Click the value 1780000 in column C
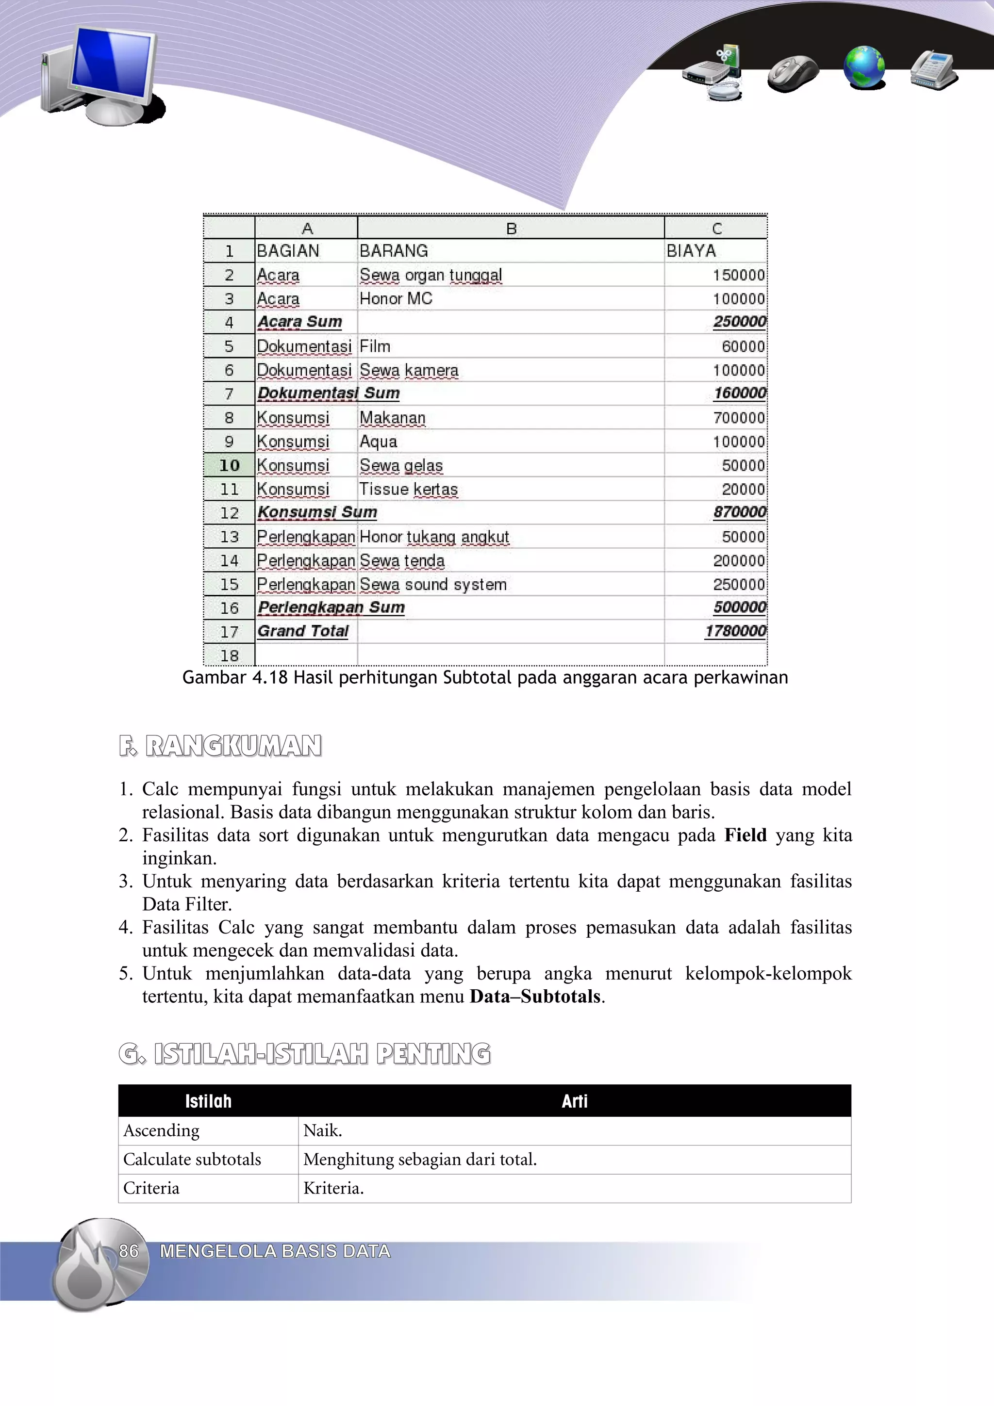pos(735,631)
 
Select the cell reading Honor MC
pos(396,299)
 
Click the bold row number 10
pos(229,465)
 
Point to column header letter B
pos(512,229)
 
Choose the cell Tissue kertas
pos(409,489)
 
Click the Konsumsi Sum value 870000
pos(739,512)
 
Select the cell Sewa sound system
pos(433,584)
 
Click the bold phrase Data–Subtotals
pos(535,997)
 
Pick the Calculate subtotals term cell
pos(192,1159)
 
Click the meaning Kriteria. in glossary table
pos(334,1188)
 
